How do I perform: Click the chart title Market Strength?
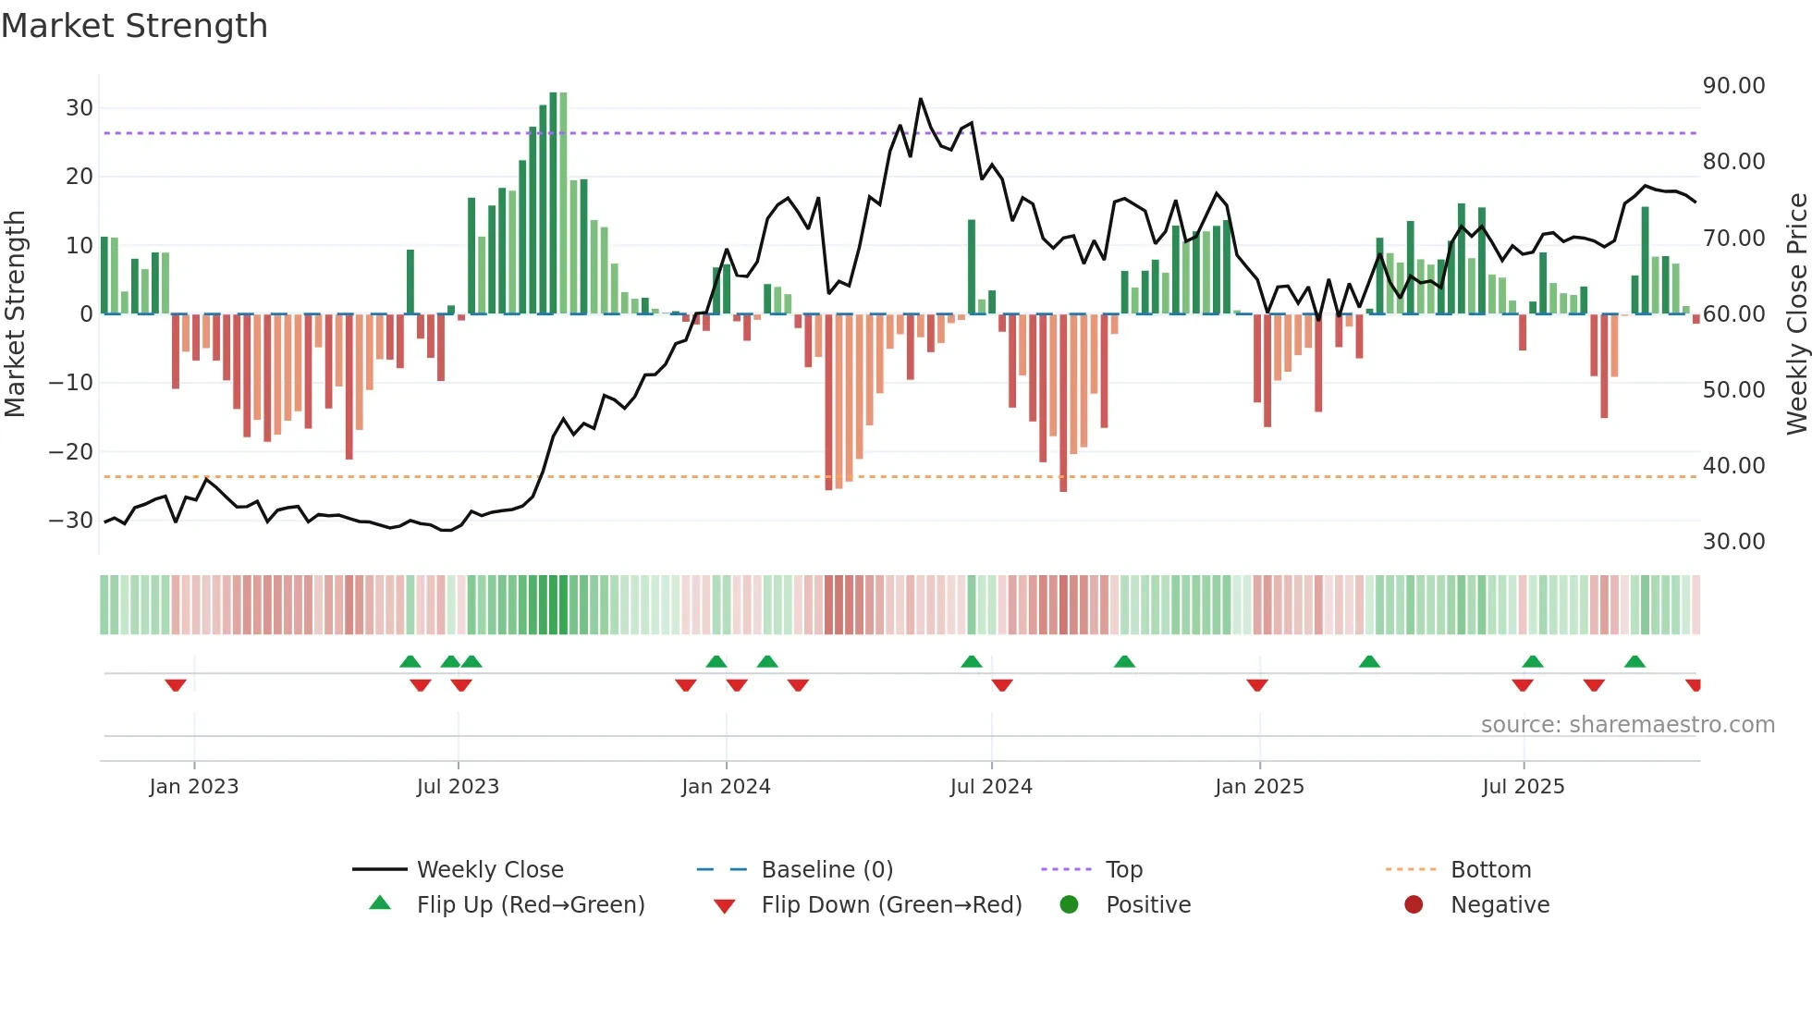tap(134, 26)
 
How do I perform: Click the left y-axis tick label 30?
tap(80, 108)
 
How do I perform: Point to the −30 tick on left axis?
tap(71, 521)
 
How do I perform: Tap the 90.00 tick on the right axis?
tap(1733, 86)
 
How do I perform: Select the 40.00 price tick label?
tap(1733, 466)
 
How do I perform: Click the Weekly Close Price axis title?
tap(1796, 314)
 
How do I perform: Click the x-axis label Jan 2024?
tap(726, 787)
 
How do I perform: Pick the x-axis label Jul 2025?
tap(1523, 787)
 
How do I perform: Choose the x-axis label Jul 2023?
tap(458, 787)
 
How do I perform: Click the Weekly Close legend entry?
tap(489, 870)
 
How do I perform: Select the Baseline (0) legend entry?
tap(826, 870)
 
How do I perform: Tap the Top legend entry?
tap(1123, 870)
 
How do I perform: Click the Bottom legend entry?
tap(1490, 870)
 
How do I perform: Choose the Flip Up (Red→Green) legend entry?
tap(530, 905)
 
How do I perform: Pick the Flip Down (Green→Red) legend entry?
tap(891, 905)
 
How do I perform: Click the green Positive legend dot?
tap(1070, 904)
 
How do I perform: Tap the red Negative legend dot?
tap(1414, 904)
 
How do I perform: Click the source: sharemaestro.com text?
tap(1627, 725)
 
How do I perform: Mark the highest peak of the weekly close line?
tap(921, 99)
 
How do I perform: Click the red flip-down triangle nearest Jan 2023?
tap(176, 685)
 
